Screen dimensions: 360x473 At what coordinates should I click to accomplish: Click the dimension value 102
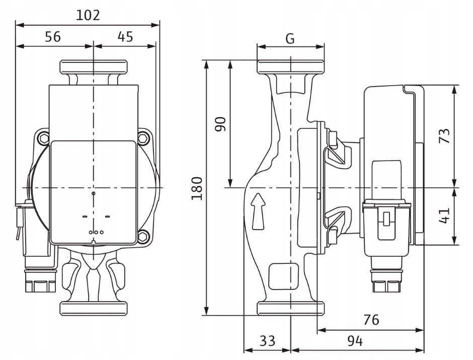coord(88,15)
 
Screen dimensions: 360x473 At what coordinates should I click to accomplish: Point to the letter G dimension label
coord(290,38)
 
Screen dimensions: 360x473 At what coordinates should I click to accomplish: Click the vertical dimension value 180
coord(198,188)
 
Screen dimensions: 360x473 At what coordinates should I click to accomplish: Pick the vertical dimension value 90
coord(220,124)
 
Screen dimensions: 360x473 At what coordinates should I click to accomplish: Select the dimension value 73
coord(444,136)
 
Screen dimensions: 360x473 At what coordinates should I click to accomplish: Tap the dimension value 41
coord(444,215)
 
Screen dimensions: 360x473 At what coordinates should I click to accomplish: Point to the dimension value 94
coord(355,341)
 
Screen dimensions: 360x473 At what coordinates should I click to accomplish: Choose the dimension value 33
coord(267,341)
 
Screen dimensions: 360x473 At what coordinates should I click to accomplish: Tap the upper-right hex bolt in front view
coord(145,136)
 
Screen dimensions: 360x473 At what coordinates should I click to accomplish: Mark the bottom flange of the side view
coord(290,308)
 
